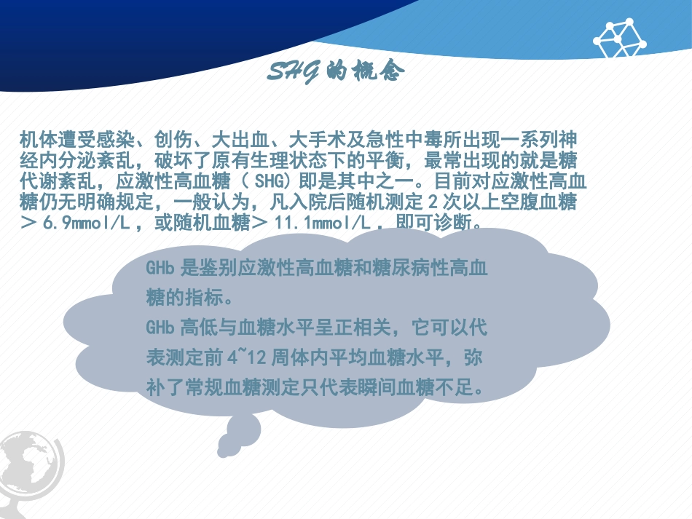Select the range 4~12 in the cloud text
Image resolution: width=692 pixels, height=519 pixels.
(247, 358)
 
